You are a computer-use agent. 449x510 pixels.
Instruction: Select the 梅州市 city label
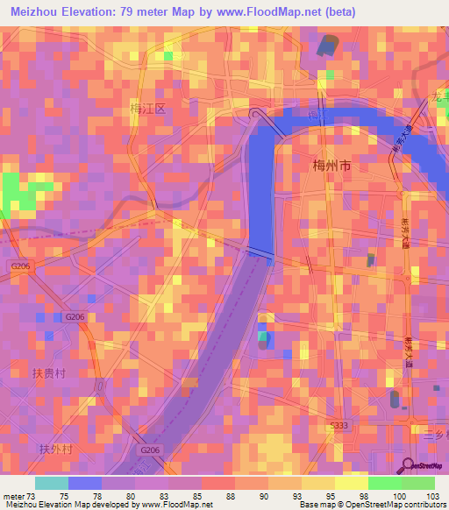331,165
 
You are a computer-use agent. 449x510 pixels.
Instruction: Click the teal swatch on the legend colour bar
52,483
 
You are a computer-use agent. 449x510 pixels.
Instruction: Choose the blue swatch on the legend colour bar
85,483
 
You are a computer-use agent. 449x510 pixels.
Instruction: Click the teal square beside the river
262,336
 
